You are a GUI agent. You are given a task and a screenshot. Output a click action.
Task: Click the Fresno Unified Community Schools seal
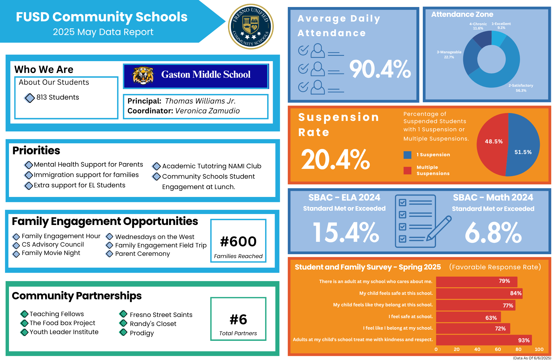tap(251, 27)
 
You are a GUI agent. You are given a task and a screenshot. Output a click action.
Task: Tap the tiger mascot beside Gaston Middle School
tap(143, 75)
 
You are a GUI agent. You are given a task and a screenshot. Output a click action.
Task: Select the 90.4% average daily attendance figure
tap(380, 69)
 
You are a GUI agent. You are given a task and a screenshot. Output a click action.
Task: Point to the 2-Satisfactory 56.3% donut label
tap(521, 88)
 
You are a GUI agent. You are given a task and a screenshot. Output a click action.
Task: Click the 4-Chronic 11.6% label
tap(478, 26)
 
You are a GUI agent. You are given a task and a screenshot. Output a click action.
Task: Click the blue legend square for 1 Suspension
tap(407, 155)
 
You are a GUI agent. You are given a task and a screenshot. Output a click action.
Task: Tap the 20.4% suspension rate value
tap(335, 160)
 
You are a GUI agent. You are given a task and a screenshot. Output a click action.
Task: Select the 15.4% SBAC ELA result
tap(346, 232)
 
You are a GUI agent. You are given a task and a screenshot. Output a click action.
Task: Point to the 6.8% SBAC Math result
tap(493, 233)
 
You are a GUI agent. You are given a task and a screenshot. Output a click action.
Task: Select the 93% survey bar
tap(484, 340)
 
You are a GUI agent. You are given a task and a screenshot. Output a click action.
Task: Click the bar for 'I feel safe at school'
tap(468, 317)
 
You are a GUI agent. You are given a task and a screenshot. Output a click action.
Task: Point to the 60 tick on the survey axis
tap(498, 349)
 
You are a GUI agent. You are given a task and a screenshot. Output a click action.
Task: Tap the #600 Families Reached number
tap(238, 242)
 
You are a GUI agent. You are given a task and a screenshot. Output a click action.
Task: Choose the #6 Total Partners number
tap(238, 320)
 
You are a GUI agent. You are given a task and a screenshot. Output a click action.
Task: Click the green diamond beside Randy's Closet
tap(123, 323)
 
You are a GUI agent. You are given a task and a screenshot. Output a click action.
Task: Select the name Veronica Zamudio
tap(207, 111)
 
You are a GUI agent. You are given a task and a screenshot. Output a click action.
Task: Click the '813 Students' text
tap(58, 97)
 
